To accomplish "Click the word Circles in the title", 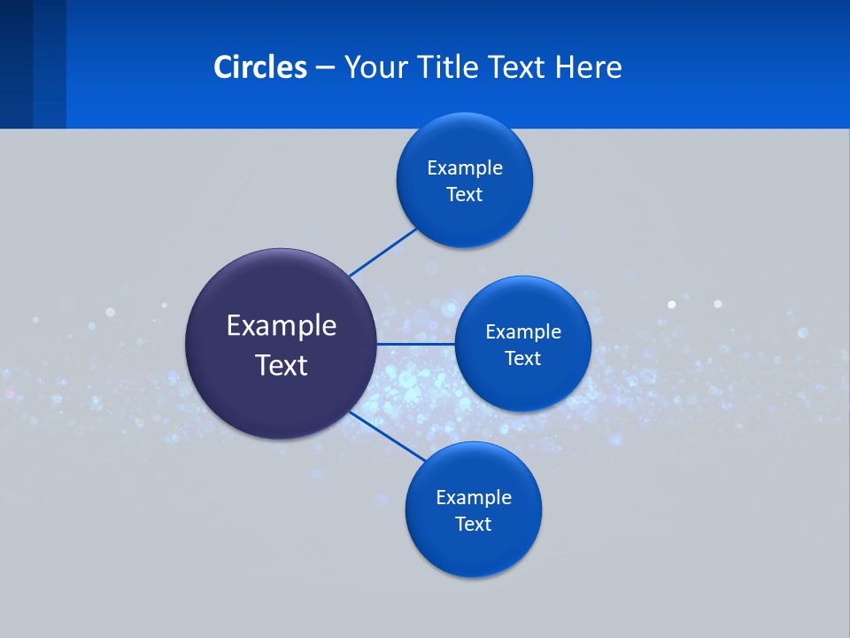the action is point(260,67).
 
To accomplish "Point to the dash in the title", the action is point(325,68).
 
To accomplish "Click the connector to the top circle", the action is point(383,253).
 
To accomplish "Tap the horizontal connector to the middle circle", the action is point(416,344).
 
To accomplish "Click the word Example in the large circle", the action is point(282,326).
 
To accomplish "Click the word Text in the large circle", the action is point(282,365).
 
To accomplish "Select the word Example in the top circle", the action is point(465,168).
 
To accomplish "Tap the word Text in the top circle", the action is point(465,195).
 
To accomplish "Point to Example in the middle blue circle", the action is point(523,332).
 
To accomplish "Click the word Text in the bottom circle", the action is point(474,525).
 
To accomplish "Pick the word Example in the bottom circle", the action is point(474,498).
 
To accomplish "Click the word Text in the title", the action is point(516,67).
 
